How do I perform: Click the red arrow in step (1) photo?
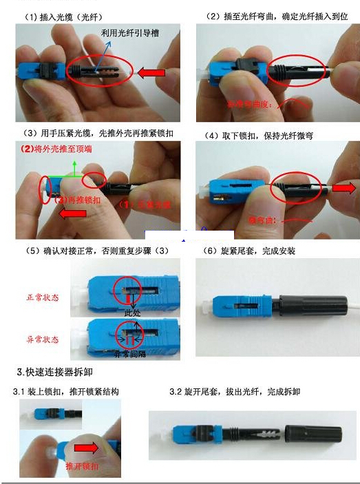point(155,72)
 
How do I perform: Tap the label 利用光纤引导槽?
point(129,32)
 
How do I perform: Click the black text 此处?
point(132,313)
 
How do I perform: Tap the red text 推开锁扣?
point(81,466)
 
